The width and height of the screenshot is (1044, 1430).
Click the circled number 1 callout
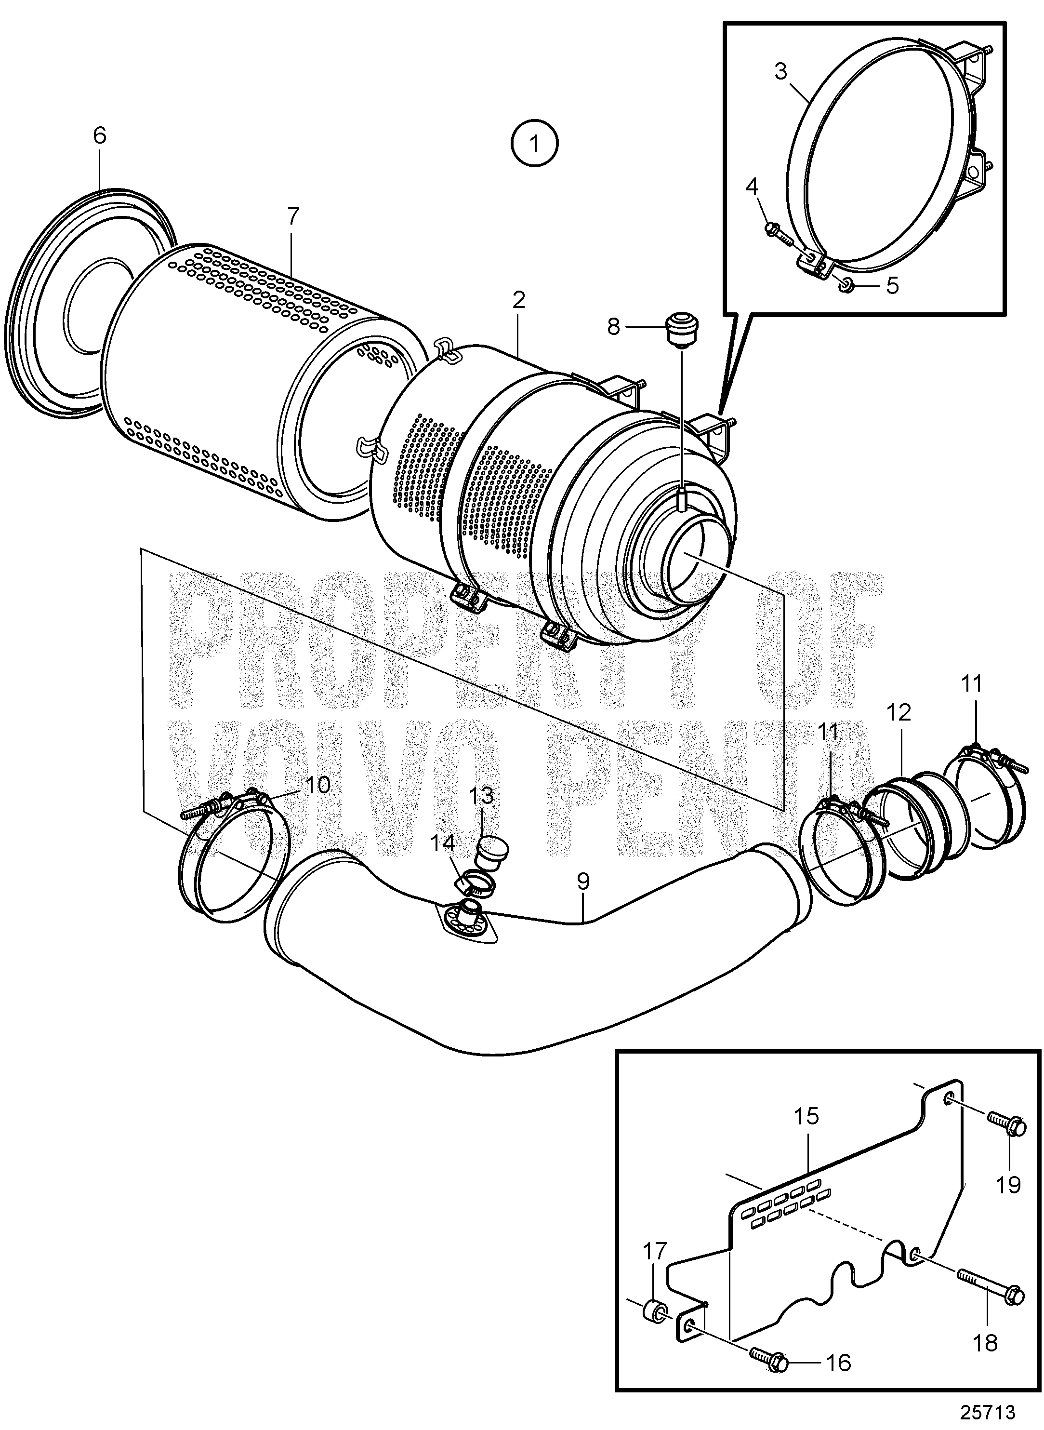(535, 144)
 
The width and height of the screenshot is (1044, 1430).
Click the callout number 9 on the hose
(582, 881)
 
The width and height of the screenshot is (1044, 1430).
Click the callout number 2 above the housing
(519, 300)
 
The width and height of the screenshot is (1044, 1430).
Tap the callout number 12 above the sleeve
(899, 712)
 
